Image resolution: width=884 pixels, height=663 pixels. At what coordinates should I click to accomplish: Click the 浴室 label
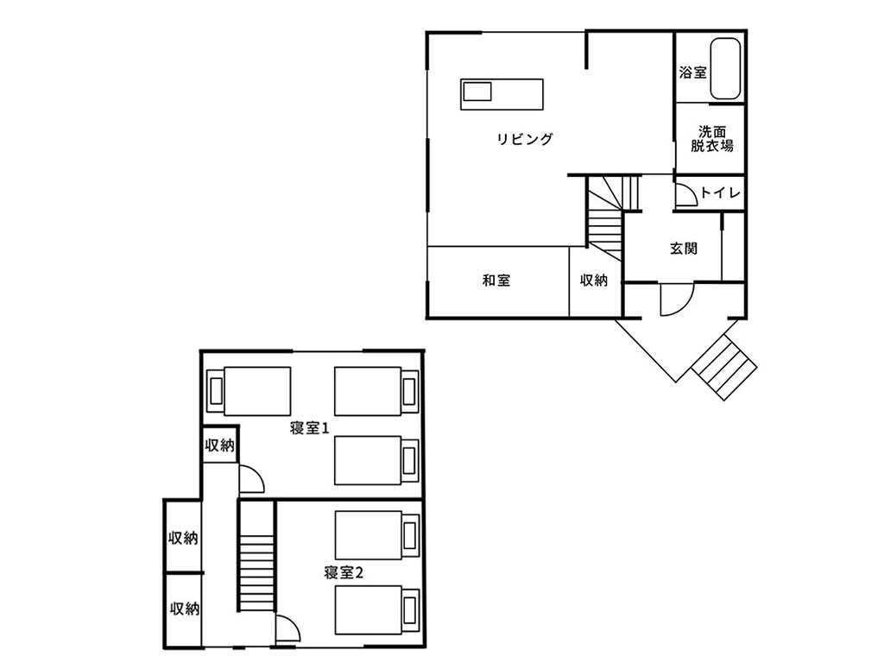tap(693, 73)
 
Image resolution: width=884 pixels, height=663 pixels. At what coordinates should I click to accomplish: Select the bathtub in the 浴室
tap(725, 69)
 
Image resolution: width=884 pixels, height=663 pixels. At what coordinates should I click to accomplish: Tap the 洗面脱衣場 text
tap(712, 139)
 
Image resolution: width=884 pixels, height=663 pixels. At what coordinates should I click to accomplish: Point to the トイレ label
tap(720, 193)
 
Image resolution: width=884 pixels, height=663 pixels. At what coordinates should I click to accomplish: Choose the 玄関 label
tap(684, 248)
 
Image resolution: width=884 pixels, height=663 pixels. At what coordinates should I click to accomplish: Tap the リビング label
tap(525, 139)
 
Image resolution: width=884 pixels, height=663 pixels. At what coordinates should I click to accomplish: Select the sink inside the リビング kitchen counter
tap(477, 91)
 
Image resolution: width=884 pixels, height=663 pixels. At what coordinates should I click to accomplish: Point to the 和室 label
tap(496, 280)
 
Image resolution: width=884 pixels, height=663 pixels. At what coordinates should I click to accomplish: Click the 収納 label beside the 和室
tap(594, 280)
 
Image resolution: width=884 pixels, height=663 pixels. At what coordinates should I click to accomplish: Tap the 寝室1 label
tap(309, 428)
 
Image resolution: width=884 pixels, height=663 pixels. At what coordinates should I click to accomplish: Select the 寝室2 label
tap(344, 573)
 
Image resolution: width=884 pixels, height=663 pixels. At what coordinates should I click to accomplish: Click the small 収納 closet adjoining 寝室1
tap(219, 445)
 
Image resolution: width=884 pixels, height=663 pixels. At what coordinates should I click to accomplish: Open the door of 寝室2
tap(288, 628)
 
